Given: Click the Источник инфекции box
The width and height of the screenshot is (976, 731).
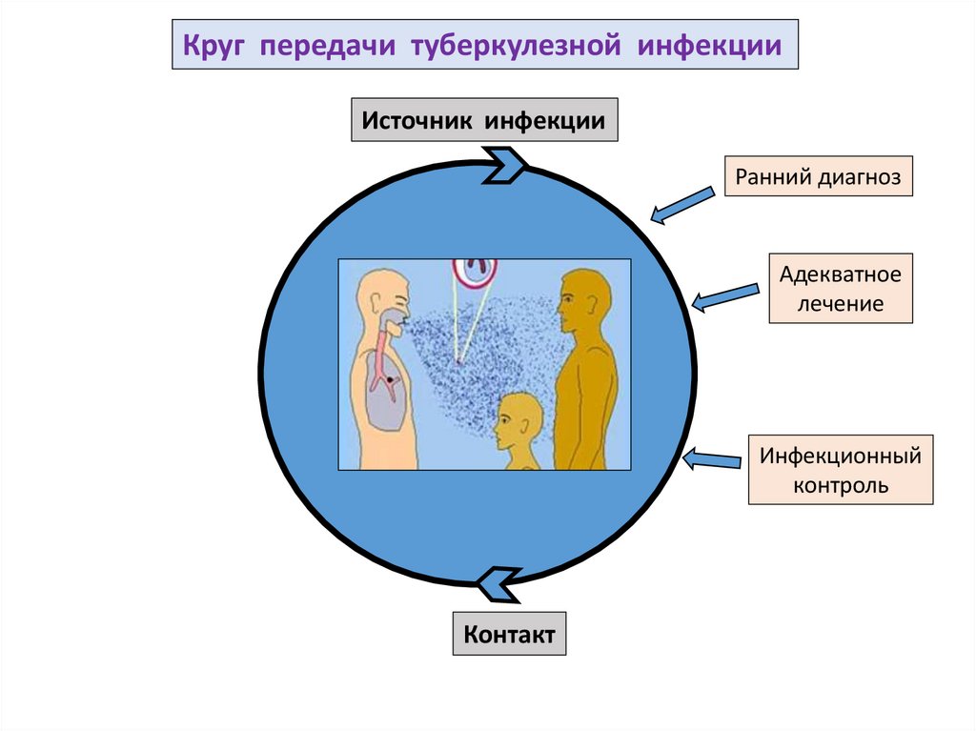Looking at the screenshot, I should (484, 121).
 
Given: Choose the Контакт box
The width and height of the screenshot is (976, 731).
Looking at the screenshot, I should (509, 634).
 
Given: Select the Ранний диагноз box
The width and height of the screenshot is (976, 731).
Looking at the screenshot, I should (819, 176).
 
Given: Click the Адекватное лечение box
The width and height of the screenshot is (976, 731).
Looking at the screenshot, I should (840, 289).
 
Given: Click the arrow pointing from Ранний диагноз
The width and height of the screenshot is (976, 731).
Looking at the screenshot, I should (682, 205).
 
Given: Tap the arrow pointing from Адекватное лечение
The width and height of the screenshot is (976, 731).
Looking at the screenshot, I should (724, 296).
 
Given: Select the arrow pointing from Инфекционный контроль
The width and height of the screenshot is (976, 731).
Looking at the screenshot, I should (712, 460).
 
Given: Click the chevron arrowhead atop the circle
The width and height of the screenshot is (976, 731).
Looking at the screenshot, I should (506, 164).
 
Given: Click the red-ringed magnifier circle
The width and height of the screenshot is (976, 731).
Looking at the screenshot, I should (475, 271).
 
